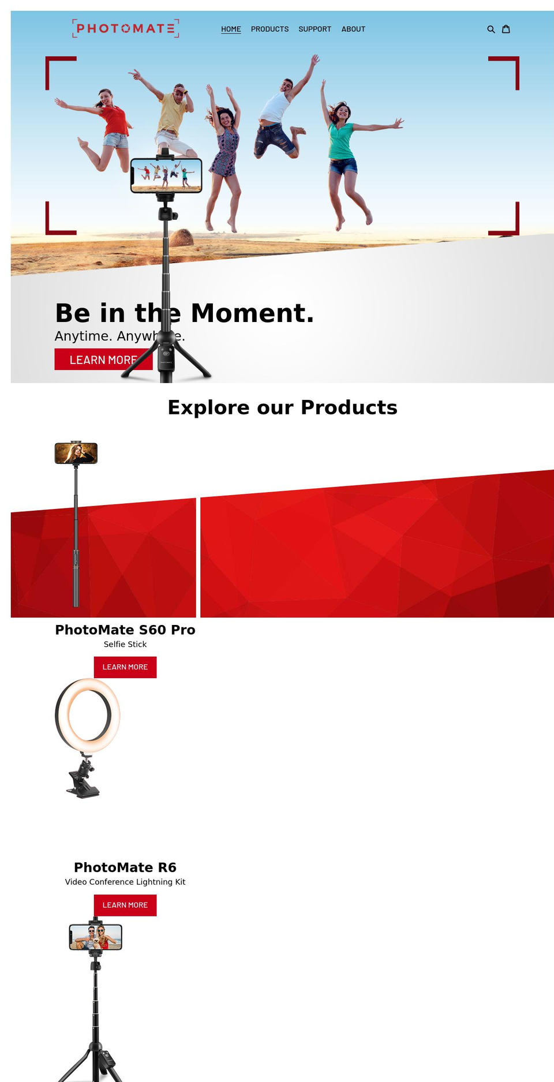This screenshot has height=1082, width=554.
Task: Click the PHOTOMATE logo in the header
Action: [125, 28]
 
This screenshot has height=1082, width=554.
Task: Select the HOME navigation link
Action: [231, 29]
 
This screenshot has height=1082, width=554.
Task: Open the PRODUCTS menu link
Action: [269, 29]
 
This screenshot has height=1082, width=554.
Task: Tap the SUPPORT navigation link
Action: [315, 29]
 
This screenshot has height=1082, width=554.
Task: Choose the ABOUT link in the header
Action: [353, 29]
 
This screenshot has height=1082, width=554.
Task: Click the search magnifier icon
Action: [491, 29]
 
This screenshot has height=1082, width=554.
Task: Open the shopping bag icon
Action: [506, 29]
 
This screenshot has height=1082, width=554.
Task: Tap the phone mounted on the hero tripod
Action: [166, 175]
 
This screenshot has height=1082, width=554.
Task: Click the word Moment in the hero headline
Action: [252, 313]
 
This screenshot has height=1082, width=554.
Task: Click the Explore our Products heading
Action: [282, 407]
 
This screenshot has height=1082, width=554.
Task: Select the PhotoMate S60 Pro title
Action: [125, 630]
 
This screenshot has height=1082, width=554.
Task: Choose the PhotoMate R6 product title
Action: [125, 867]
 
